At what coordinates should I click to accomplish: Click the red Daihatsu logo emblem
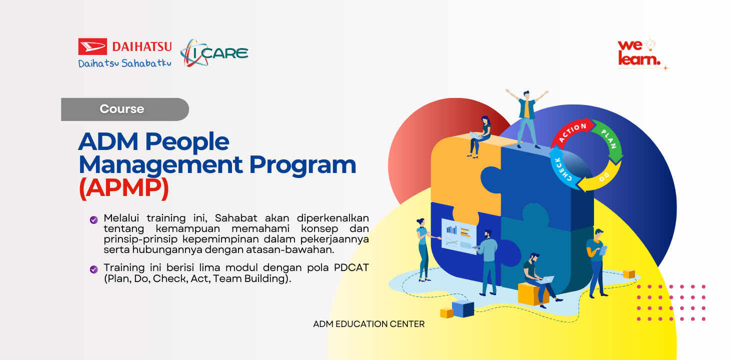click(x=92, y=46)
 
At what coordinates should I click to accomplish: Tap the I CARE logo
click(x=214, y=53)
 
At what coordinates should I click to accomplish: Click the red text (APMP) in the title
click(x=124, y=188)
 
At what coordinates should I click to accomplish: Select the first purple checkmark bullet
click(x=93, y=219)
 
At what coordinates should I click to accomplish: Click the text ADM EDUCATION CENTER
click(x=368, y=324)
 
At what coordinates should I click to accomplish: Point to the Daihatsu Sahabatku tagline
click(x=124, y=63)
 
